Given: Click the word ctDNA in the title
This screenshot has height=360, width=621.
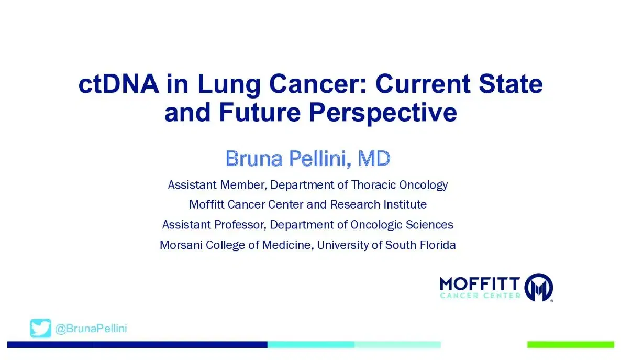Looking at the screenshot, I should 119,84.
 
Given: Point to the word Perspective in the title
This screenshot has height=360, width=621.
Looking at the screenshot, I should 383,112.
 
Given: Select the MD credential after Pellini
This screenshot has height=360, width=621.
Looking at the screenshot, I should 374,158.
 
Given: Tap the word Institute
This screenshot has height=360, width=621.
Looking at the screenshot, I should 405,204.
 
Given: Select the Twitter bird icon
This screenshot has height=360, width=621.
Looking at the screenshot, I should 41,329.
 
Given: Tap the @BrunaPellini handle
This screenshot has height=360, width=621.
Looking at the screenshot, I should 91,329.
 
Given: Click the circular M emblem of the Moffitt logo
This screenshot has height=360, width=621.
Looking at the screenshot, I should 539,287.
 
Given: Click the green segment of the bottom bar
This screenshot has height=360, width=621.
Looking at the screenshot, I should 570,345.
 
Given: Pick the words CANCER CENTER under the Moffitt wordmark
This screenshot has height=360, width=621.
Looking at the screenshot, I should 480,296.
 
